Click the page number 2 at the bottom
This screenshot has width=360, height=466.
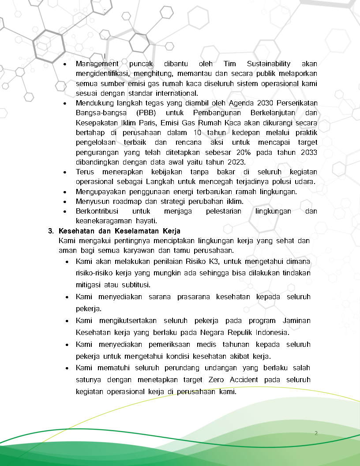pyautogui.click(x=316, y=433)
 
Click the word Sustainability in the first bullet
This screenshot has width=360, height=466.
pyautogui.click(x=269, y=64)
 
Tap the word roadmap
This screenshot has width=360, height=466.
pyautogui.click(x=126, y=201)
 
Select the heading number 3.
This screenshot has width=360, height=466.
pyautogui.click(x=50, y=231)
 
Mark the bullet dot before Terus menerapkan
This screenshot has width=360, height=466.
pyautogui.click(x=65, y=172)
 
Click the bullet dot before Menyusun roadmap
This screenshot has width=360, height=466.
pyautogui.click(x=65, y=202)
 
